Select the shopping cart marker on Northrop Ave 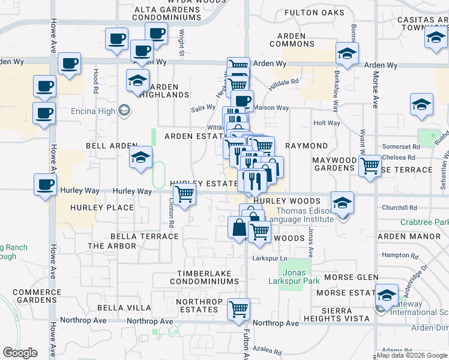click(x=239, y=310)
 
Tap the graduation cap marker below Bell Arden click(x=141, y=158)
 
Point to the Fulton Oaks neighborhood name click(x=315, y=13)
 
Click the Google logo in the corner click(x=20, y=353)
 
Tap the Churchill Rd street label click(x=399, y=208)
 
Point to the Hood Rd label click(x=95, y=76)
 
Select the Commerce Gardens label click(x=36, y=296)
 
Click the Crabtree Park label click(x=424, y=222)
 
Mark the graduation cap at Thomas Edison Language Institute click(x=343, y=203)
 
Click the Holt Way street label click(x=327, y=123)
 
